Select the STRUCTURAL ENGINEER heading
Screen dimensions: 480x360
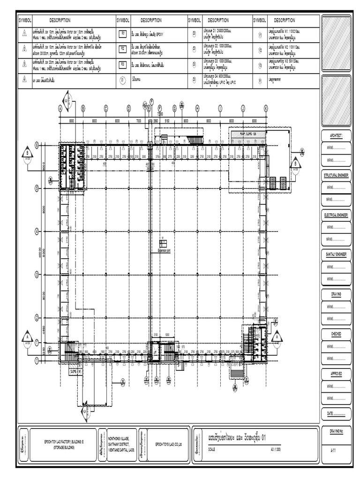336,174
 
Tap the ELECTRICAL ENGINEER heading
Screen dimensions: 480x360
336,214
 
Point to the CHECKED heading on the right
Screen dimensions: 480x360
336,333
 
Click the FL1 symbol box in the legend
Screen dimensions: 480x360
123,34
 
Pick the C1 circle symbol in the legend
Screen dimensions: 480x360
123,80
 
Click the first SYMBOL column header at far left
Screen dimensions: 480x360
24,21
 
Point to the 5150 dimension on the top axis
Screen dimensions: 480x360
166,121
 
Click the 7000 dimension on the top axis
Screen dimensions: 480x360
138,121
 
